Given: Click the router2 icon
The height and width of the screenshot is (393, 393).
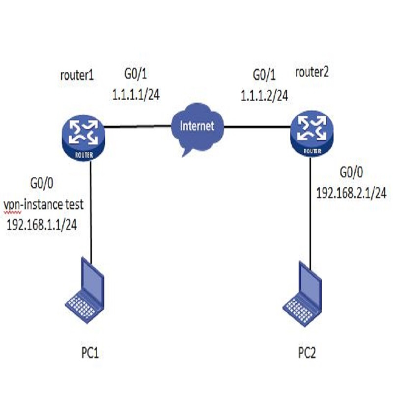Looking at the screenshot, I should click(x=311, y=135).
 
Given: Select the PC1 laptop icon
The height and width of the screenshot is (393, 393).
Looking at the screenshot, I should click(x=85, y=292).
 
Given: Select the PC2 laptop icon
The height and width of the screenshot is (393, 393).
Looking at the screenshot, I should click(x=304, y=294).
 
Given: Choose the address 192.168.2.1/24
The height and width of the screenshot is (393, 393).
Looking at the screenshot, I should click(x=351, y=193).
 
